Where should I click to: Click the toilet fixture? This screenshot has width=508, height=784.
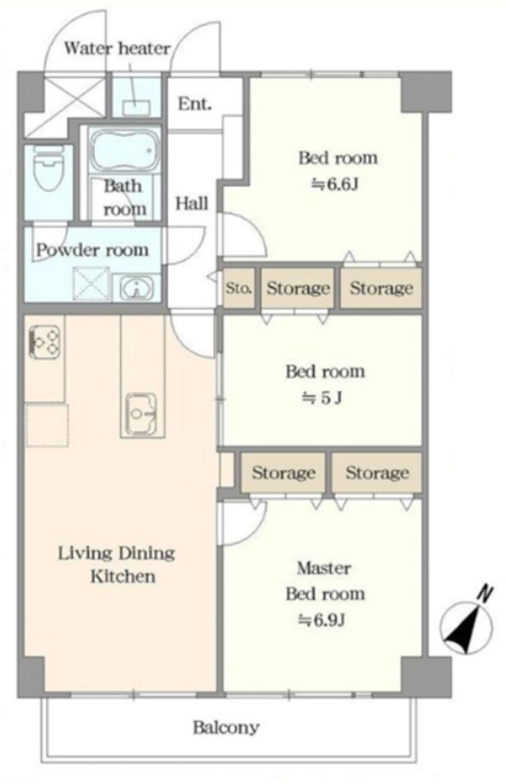(48, 168)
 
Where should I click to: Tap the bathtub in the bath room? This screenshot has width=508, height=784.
(124, 149)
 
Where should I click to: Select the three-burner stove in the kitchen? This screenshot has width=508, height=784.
(44, 342)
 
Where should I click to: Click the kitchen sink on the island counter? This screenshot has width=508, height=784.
(142, 413)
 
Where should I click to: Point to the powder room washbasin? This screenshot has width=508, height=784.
(137, 288)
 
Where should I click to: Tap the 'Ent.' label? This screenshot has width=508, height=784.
(195, 104)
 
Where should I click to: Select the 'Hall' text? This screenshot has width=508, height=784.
(192, 203)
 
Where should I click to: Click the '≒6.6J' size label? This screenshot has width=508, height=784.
(335, 184)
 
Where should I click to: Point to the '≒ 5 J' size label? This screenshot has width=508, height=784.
(322, 398)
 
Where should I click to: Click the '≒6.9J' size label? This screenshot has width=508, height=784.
(322, 620)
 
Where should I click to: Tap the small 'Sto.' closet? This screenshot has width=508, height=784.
(239, 288)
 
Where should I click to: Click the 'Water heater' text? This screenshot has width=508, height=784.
(117, 48)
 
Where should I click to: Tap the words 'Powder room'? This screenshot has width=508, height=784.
(93, 251)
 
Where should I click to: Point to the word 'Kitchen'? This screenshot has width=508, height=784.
(123, 576)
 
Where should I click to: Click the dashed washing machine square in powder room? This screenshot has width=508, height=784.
(91, 284)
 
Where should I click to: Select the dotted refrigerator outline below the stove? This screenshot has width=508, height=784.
(47, 425)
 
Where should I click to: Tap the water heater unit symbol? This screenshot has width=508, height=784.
(137, 108)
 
